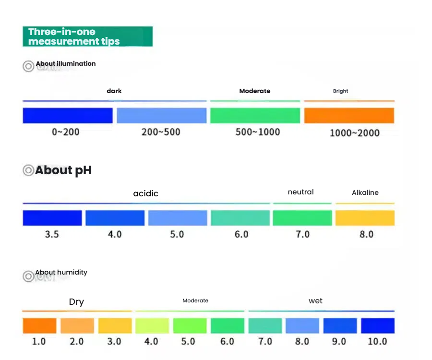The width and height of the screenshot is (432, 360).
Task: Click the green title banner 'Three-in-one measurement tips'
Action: point(87,36)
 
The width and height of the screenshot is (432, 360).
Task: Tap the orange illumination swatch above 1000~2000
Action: point(349,115)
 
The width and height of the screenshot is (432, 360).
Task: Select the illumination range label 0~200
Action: point(66,132)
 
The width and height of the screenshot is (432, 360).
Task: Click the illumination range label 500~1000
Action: point(257,132)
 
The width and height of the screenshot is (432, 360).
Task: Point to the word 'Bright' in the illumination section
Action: point(340,91)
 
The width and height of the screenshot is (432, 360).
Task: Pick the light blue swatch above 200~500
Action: point(161,115)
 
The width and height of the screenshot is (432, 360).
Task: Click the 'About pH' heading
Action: point(63,170)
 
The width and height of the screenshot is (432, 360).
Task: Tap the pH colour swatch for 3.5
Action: point(52,218)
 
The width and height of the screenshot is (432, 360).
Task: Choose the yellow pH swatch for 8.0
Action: point(365,218)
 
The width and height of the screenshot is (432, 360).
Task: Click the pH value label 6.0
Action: point(241,234)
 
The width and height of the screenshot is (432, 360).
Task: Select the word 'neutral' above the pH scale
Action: point(300,192)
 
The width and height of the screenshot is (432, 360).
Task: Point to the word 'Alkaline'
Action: point(365,192)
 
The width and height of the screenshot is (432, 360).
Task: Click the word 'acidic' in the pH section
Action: point(145,193)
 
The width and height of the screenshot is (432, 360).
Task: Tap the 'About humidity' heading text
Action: point(61,272)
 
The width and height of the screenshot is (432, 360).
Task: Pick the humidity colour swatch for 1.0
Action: point(39,325)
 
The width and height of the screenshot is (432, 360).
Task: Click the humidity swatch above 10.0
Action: point(377,325)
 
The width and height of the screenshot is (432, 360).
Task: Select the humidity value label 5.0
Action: point(188,341)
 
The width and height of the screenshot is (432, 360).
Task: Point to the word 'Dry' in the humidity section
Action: point(76,302)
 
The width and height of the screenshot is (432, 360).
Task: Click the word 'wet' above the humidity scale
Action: point(315,301)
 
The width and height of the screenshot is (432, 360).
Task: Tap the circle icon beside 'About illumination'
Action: point(28,66)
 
